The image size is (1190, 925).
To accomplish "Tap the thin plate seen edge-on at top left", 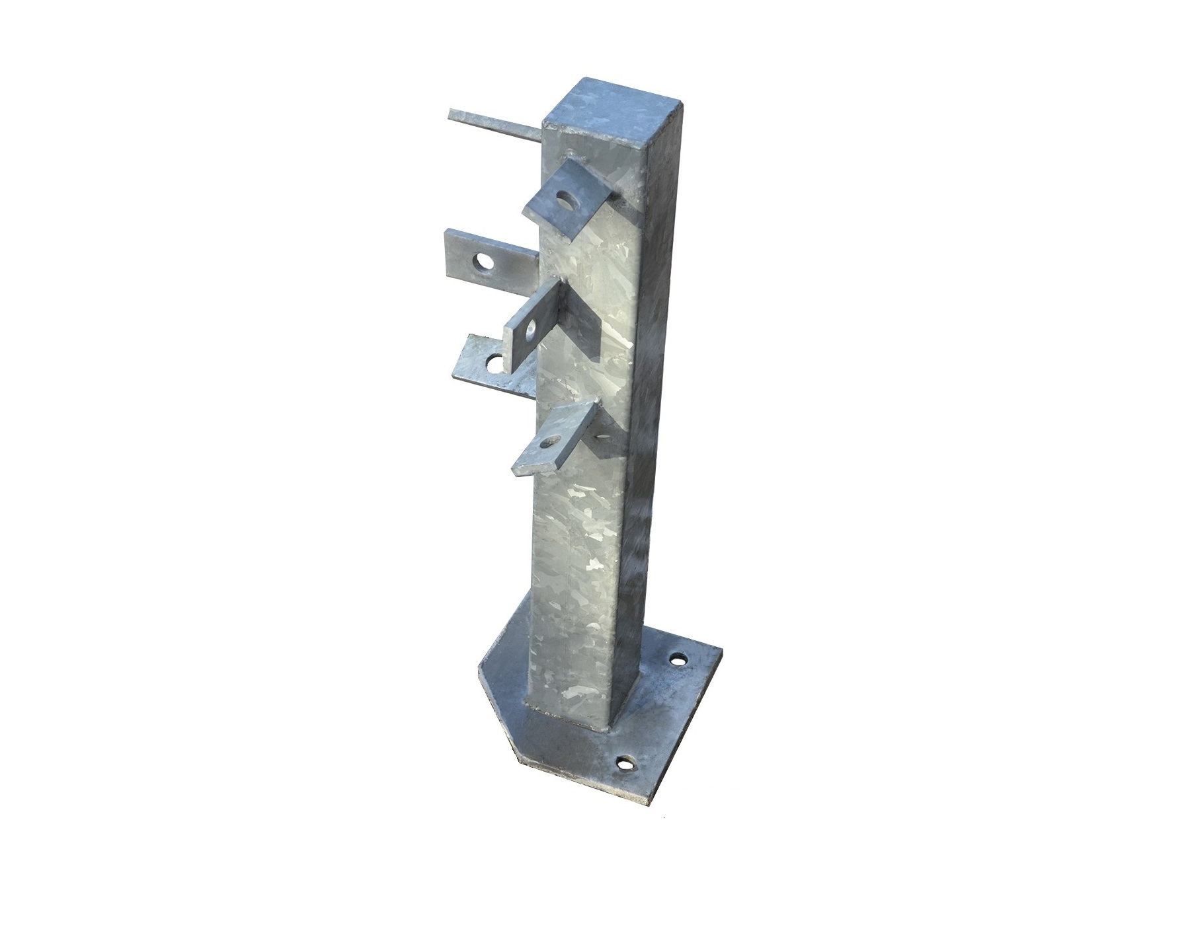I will tap(493, 126).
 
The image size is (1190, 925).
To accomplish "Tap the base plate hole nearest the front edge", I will tap(623, 764).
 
